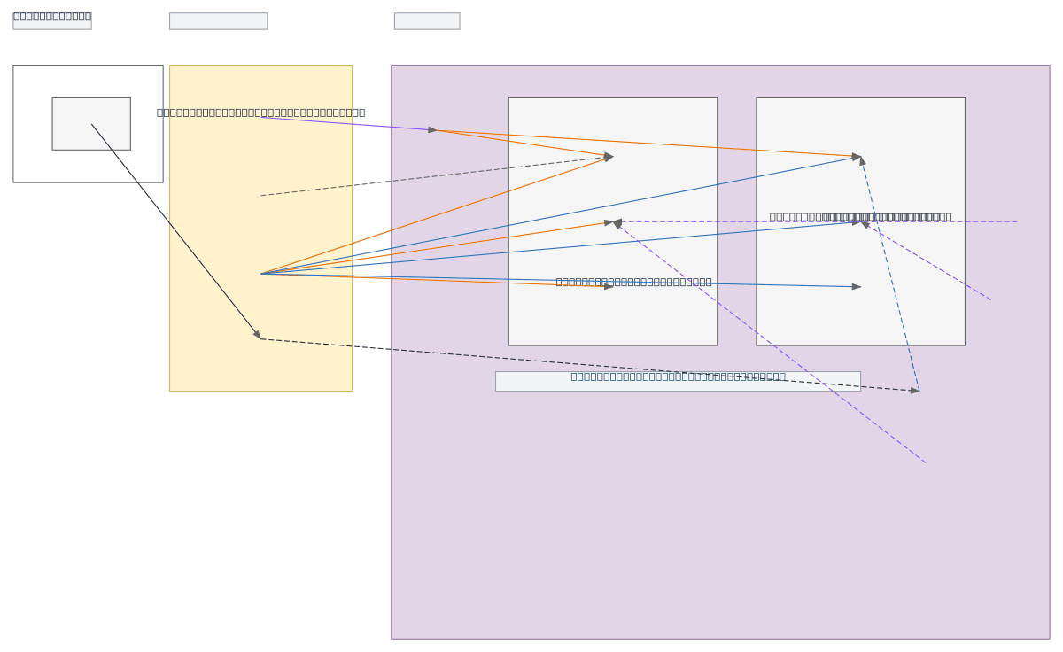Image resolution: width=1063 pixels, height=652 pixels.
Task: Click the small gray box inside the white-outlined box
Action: tap(91, 123)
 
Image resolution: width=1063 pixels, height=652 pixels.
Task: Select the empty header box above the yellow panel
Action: tap(218, 21)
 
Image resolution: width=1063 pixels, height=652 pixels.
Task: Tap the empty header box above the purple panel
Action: tap(426, 21)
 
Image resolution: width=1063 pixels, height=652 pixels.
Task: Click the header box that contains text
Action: tap(51, 20)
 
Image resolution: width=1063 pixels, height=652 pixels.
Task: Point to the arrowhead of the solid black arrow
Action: tap(258, 335)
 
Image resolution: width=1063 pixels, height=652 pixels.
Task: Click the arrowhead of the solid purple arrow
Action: tap(433, 130)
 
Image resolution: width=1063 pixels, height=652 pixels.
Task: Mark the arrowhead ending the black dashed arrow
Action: tap(915, 391)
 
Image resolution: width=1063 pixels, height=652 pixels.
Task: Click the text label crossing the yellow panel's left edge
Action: tap(260, 113)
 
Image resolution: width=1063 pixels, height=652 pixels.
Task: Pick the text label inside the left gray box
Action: tap(633, 282)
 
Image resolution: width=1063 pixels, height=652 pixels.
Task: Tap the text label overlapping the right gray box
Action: tap(859, 216)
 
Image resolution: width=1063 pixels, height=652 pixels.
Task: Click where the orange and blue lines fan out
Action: tap(262, 273)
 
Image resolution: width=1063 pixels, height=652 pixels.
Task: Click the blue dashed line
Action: tap(890, 275)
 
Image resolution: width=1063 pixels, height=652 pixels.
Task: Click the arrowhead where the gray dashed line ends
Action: tap(608, 158)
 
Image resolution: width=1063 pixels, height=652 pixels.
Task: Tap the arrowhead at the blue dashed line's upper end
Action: tap(862, 161)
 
